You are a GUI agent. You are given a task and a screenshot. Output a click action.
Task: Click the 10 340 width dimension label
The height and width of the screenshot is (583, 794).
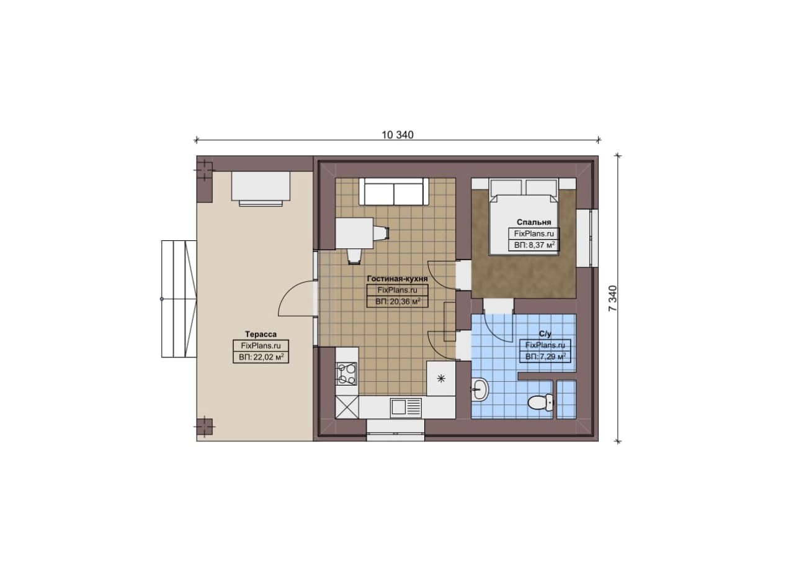(x=398, y=135)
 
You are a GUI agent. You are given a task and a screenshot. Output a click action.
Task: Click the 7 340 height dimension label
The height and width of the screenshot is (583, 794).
(x=612, y=299)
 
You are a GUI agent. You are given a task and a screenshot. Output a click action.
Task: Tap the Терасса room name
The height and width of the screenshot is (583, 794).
(x=261, y=334)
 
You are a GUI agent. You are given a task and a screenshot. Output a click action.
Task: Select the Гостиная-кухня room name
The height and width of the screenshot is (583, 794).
(x=398, y=279)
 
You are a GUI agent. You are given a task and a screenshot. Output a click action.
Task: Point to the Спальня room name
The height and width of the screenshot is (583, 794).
(x=534, y=222)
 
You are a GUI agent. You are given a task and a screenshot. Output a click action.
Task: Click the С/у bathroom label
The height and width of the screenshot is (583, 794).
(x=545, y=334)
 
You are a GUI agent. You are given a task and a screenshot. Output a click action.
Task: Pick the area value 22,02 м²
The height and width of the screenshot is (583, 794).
(x=261, y=357)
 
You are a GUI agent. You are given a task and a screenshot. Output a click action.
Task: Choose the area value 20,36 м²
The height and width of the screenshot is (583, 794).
(x=398, y=302)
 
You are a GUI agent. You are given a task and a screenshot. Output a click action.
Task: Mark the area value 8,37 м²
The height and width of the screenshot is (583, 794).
(x=534, y=245)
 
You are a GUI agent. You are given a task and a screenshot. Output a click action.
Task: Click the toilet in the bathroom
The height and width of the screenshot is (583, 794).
(x=540, y=403)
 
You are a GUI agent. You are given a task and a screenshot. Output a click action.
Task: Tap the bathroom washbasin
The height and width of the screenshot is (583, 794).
(x=480, y=390)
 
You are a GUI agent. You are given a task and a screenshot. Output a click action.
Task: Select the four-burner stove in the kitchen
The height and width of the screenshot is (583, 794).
(x=347, y=374)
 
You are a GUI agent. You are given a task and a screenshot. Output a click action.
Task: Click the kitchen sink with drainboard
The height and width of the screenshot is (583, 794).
(x=406, y=408)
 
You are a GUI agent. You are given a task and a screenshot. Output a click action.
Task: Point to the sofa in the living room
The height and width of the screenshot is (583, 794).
(x=394, y=192)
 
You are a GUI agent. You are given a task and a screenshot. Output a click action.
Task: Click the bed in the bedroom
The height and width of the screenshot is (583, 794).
(x=524, y=217)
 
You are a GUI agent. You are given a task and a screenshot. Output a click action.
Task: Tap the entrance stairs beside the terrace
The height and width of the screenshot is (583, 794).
(x=179, y=299)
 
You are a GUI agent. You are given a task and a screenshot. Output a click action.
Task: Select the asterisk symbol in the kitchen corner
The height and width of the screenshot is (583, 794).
(x=441, y=379)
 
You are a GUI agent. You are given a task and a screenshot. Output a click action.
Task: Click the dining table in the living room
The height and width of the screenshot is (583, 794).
(x=354, y=233)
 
